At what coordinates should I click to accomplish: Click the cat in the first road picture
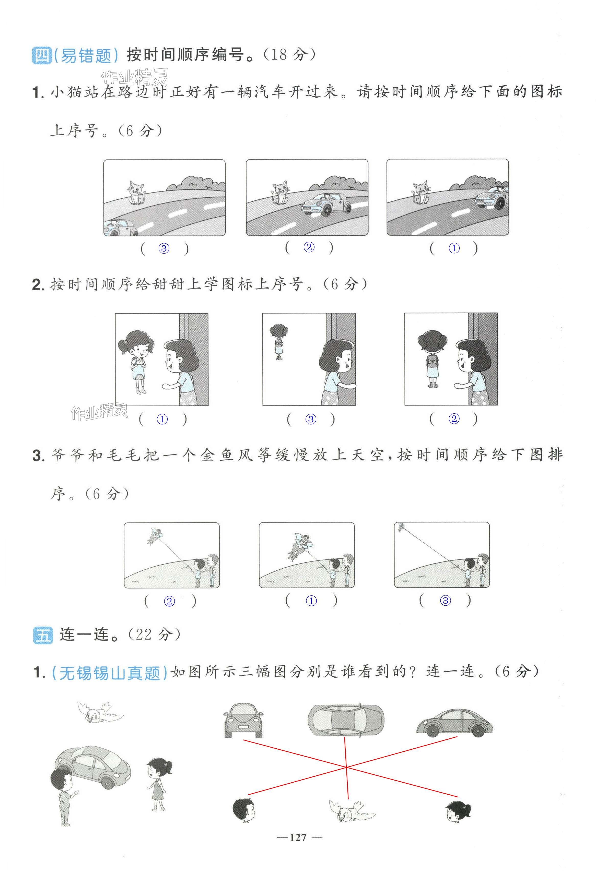(x=136, y=193)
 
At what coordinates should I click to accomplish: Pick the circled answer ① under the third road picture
(x=454, y=248)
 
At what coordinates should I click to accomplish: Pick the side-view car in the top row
(x=454, y=723)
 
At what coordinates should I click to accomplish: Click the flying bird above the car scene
(x=100, y=712)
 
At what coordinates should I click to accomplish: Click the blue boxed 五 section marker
(x=43, y=635)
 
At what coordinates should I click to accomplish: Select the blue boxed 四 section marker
(x=42, y=55)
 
